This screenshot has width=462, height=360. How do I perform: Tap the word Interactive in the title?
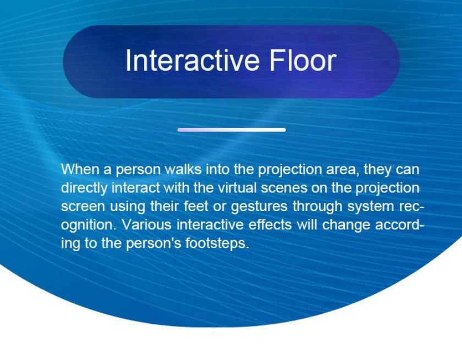[193, 60]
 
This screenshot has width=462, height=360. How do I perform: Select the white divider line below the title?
[232, 130]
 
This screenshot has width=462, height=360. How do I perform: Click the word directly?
[84, 189]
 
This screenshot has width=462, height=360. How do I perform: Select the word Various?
[147, 225]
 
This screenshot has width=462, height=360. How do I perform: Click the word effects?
[270, 225]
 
